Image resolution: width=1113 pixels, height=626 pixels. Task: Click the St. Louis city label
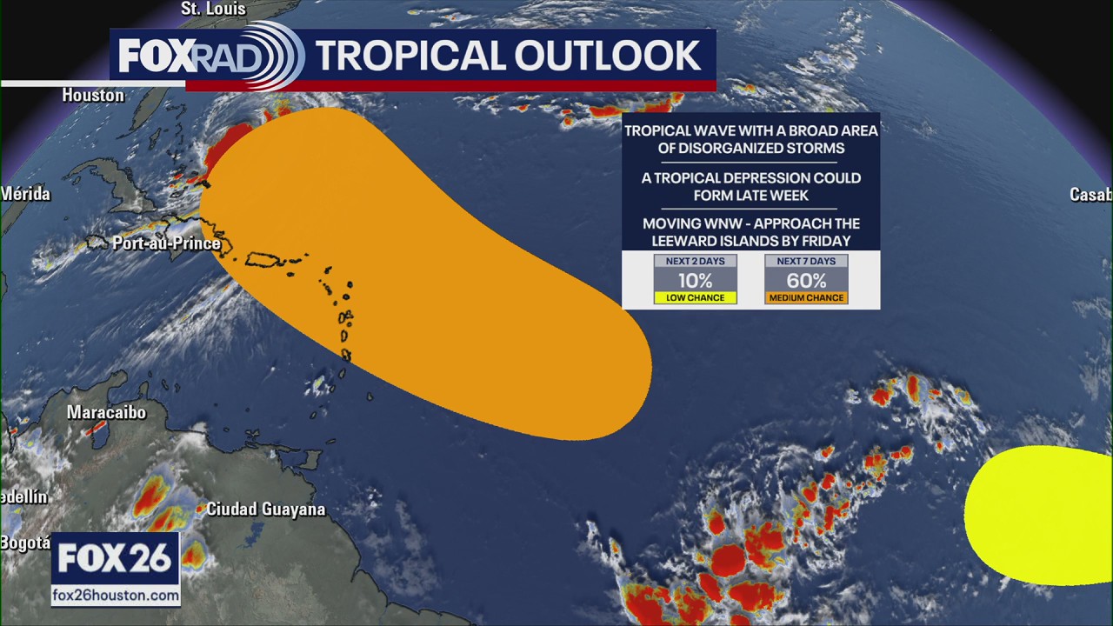tap(213, 10)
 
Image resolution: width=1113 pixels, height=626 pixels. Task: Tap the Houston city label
tap(93, 95)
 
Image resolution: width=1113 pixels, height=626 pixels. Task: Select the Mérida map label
tap(25, 193)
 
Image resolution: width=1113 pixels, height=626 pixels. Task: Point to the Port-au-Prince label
tap(166, 243)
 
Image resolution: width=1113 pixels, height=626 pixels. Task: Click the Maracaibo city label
tap(106, 412)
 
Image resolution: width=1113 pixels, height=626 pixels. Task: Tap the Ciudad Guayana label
tap(265, 509)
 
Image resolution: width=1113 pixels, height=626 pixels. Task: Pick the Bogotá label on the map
tap(24, 543)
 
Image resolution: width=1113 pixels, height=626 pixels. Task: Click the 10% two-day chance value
tap(695, 280)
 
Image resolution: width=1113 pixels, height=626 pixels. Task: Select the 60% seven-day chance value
tap(806, 280)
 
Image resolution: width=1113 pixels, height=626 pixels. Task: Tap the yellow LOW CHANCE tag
tap(695, 297)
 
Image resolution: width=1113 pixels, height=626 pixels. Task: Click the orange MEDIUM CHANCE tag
tap(806, 297)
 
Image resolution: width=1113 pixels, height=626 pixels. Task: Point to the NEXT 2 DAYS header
tap(695, 261)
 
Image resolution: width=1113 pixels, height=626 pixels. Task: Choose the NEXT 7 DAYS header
tap(806, 261)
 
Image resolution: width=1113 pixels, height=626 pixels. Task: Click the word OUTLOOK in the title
tap(609, 57)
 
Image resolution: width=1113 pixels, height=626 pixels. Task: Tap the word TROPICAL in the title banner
tap(409, 57)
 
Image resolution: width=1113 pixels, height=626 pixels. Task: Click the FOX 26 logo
tap(115, 559)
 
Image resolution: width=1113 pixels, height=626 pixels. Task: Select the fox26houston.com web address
tap(116, 596)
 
